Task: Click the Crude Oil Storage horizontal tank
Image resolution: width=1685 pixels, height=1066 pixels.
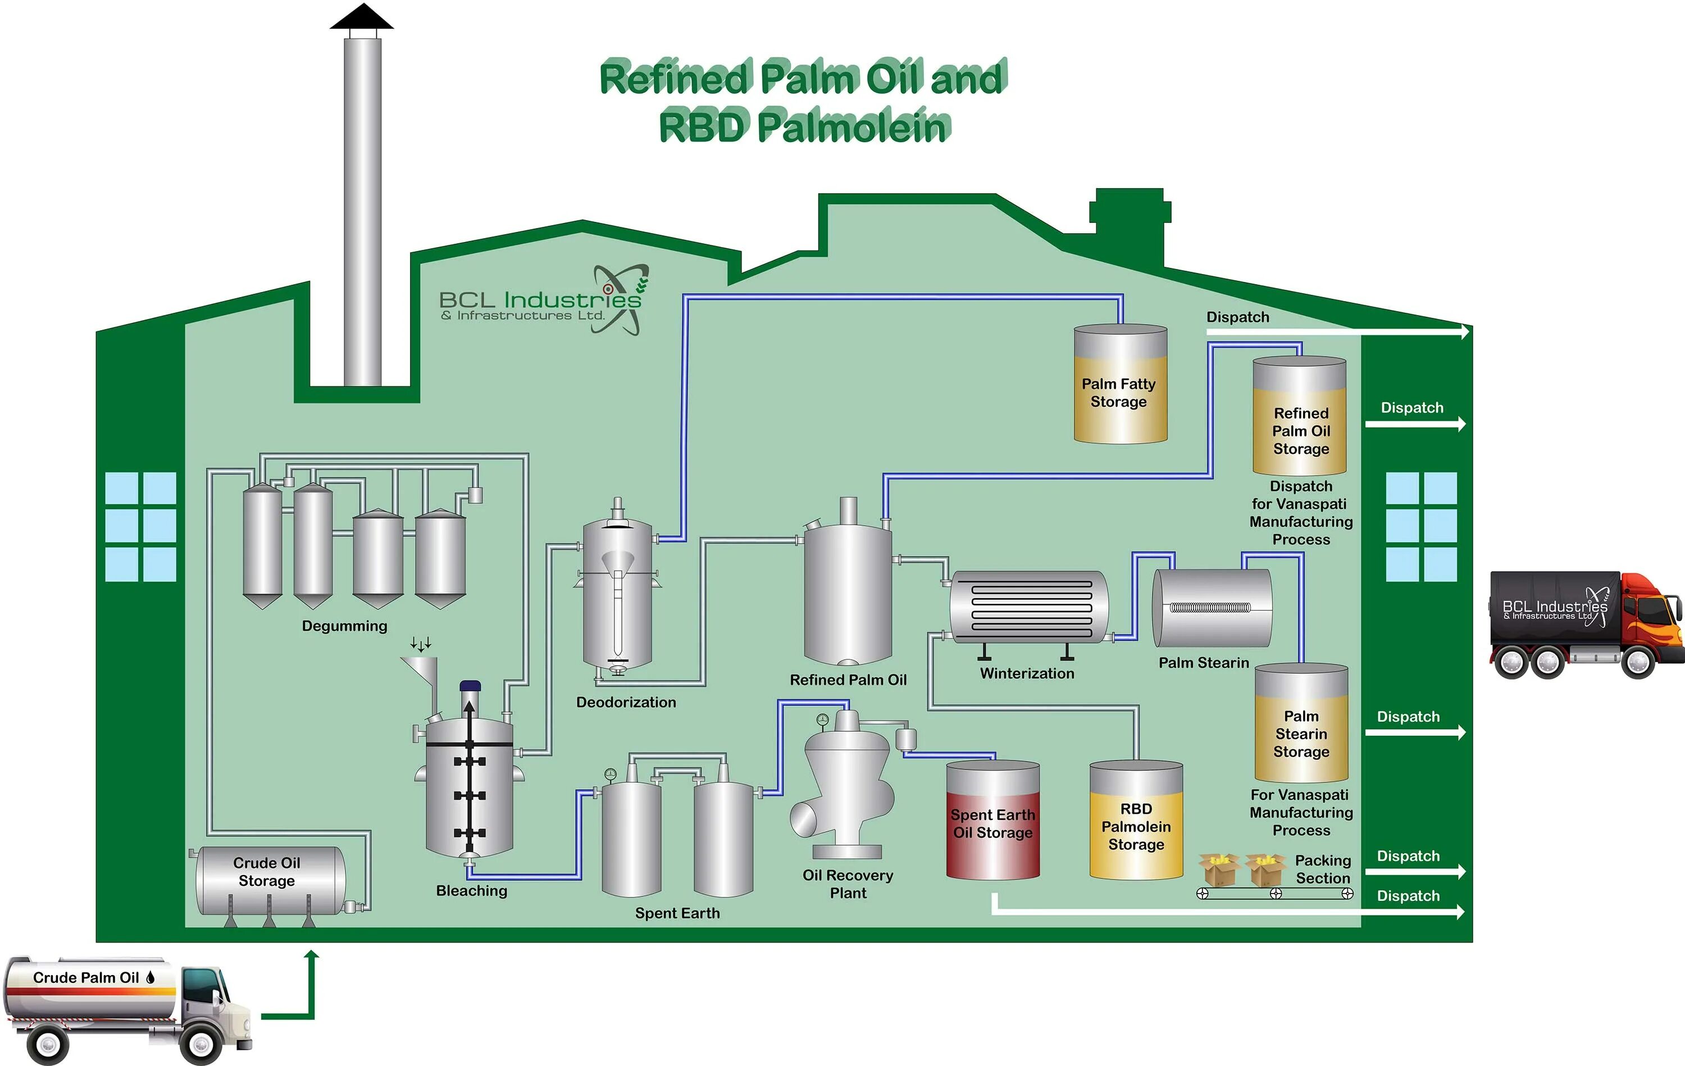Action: click(x=270, y=881)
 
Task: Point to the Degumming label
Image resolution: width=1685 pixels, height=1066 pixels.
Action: click(x=344, y=626)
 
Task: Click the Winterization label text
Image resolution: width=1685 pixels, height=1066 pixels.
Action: click(x=1027, y=673)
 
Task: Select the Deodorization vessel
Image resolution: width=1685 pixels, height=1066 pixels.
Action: click(x=617, y=595)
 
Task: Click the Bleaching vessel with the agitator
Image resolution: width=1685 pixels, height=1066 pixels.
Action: click(x=470, y=787)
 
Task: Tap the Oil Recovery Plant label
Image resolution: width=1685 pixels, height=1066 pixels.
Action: click(x=848, y=884)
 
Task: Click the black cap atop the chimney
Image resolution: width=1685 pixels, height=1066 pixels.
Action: click(x=362, y=18)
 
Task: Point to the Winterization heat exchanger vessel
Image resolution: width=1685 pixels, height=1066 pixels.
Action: click(x=1028, y=607)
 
